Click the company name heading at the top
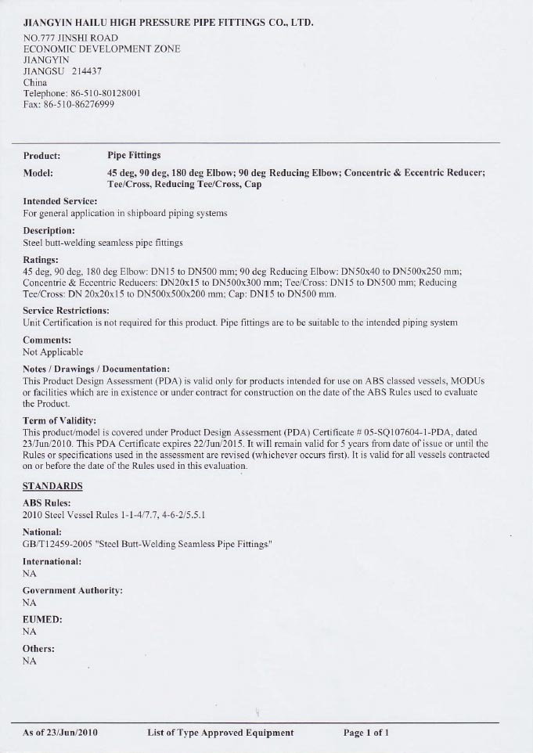pos(168,23)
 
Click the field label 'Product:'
pos(42,155)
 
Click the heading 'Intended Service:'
pos(60,201)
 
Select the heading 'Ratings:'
pos(41,259)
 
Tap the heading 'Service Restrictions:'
pos(66,311)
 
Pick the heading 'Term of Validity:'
pos(59,421)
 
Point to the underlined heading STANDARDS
pos(52,486)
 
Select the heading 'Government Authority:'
pos(71,590)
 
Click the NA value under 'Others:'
pos(30,661)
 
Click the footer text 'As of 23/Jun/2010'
pos(60,733)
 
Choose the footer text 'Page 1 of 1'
pos(366,733)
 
